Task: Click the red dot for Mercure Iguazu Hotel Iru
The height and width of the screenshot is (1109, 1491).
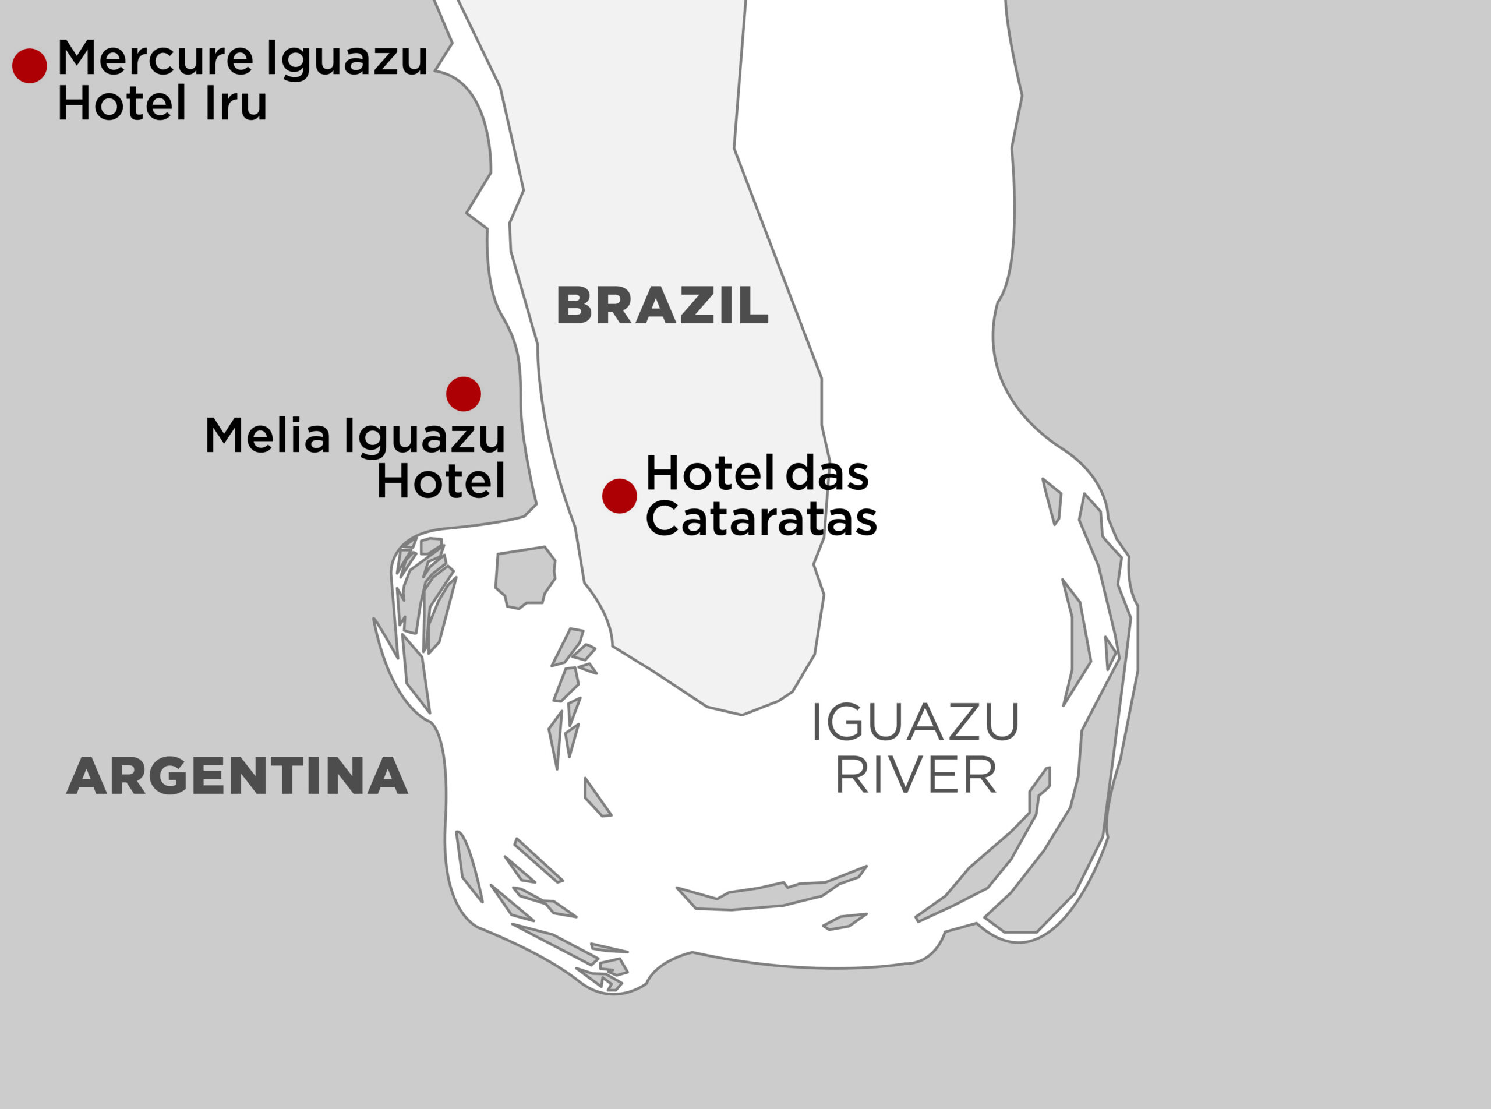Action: (x=30, y=66)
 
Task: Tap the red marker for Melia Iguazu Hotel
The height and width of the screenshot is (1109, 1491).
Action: (x=463, y=394)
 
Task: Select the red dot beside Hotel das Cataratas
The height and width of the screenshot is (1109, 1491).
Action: (x=619, y=496)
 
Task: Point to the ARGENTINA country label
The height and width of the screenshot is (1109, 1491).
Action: (x=237, y=776)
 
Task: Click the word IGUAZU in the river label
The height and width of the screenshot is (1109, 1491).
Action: (x=915, y=723)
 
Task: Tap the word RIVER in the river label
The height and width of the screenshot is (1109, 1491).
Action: (x=915, y=775)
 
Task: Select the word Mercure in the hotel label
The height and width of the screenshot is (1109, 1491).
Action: (x=155, y=58)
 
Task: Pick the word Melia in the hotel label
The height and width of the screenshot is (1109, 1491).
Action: (x=267, y=436)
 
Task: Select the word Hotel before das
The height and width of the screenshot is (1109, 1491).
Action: (x=709, y=474)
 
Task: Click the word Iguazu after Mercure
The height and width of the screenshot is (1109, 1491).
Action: (x=347, y=58)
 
